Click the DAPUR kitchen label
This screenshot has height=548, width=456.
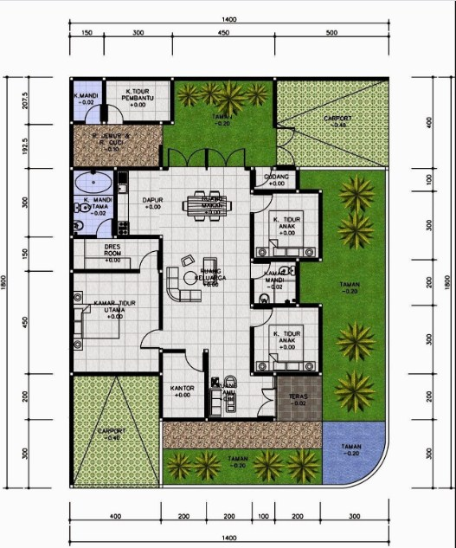coord(152,203)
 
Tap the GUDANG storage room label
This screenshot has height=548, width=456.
coord(276,179)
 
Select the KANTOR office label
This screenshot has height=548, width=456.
coord(183,391)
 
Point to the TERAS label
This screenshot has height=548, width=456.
coord(297,399)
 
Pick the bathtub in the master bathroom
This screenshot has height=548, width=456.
coord(91,183)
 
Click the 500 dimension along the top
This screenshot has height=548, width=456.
coord(331,34)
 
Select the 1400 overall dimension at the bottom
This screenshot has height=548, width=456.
coord(228,538)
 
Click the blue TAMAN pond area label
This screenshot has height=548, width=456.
coord(350,451)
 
